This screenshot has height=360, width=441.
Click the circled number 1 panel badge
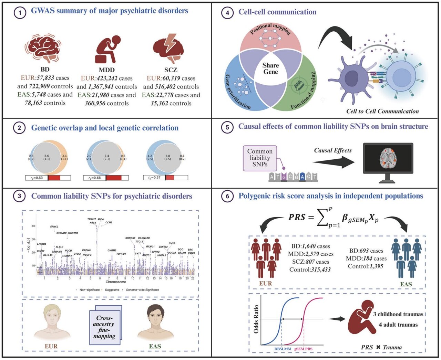coord(20,13)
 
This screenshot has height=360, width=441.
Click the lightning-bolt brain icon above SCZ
coord(168,48)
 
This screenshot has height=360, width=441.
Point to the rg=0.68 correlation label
coord(95,178)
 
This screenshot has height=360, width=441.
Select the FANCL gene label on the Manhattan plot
coord(54,227)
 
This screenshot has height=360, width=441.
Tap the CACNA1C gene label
coord(144,238)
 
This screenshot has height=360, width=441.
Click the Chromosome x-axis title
coord(116,282)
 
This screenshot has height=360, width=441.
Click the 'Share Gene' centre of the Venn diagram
coord(270,68)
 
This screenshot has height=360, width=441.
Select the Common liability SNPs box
coord(260,158)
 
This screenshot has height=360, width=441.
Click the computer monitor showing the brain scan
coord(388,160)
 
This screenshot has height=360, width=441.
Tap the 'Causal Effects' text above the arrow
coord(333,150)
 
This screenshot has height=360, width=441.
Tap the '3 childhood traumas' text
coord(398,314)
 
